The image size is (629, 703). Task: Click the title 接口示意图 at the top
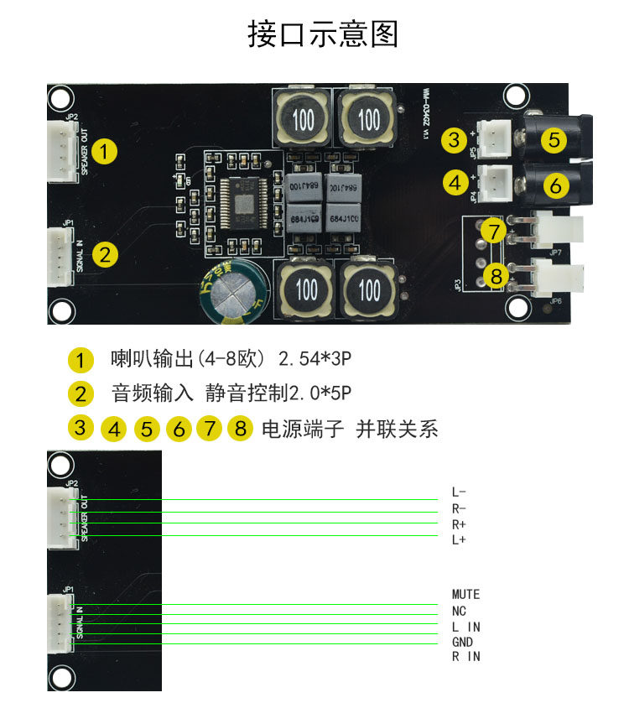(323, 34)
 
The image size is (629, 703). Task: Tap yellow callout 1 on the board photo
(104, 152)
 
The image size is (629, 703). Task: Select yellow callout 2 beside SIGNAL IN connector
(104, 254)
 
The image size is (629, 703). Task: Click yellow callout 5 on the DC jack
(554, 139)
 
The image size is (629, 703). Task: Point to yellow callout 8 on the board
(496, 274)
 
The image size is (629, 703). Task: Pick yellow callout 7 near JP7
(494, 231)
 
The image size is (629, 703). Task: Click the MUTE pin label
(465, 595)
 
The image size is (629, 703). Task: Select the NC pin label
(459, 611)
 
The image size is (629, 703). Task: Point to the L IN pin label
(465, 627)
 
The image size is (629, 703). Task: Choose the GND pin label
(462, 642)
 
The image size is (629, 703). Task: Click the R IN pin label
(466, 657)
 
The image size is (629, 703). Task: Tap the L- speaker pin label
(459, 492)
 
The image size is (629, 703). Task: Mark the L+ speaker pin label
(459, 539)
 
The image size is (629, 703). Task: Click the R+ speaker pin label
(459, 523)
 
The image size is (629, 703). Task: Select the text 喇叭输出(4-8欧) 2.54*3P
(231, 359)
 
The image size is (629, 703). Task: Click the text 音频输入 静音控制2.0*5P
(231, 393)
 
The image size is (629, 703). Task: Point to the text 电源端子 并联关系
(350, 430)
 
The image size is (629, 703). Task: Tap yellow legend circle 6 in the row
(179, 430)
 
